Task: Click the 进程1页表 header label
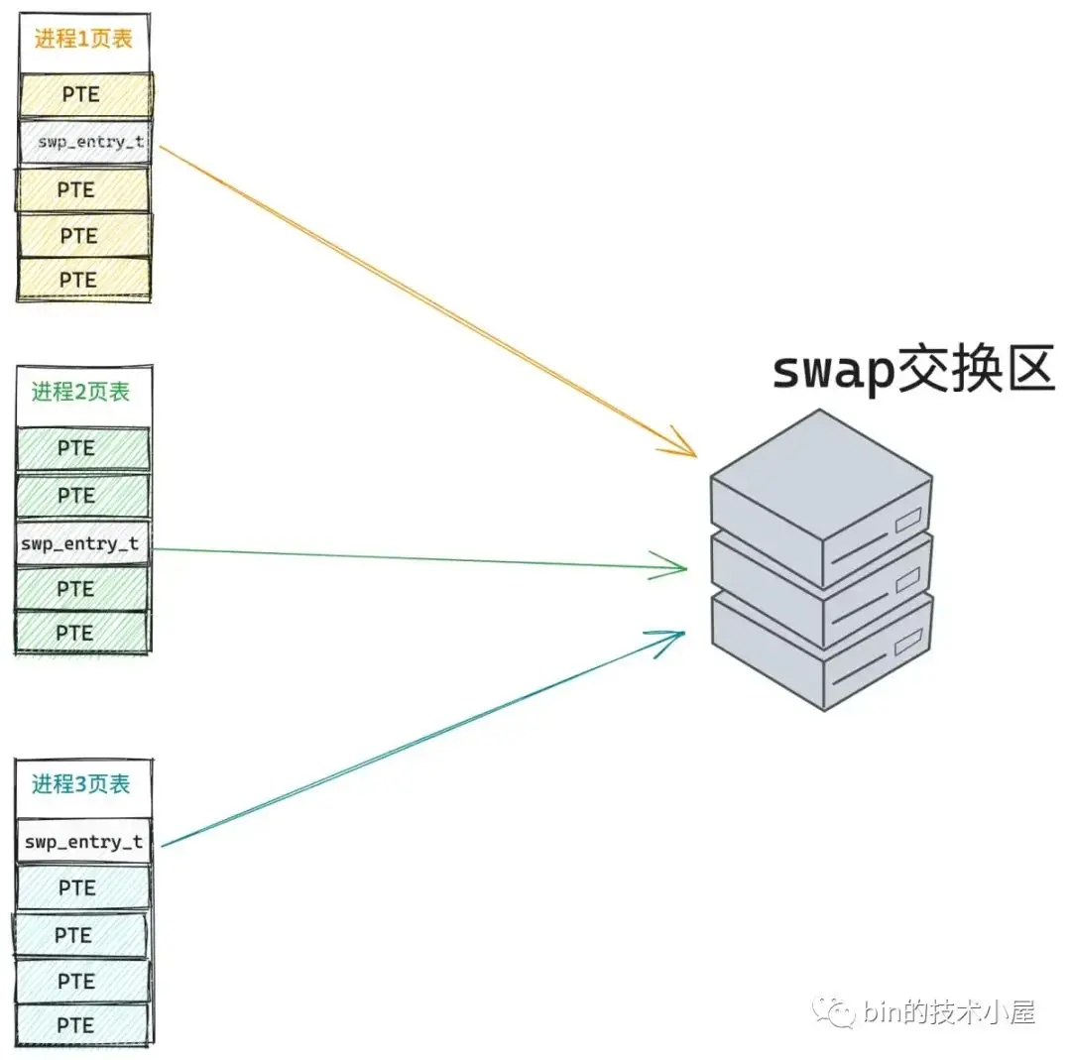click(x=83, y=40)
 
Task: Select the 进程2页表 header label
click(x=80, y=392)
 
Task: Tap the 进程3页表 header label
click(x=80, y=784)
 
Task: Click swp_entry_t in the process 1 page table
click(x=83, y=142)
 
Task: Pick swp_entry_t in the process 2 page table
click(x=80, y=544)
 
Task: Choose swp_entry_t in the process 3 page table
click(x=83, y=843)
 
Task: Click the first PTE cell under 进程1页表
click(x=83, y=94)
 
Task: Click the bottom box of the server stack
click(x=820, y=654)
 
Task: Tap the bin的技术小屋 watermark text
click(x=949, y=1012)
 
